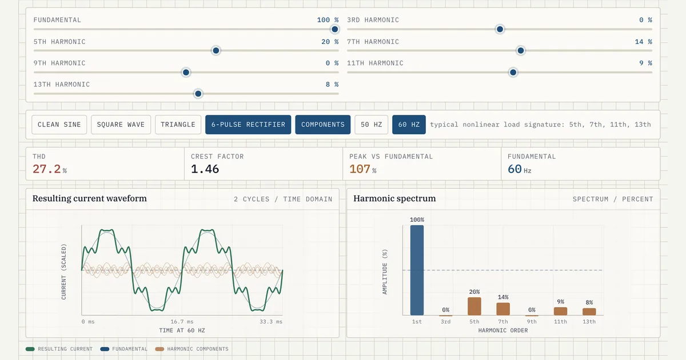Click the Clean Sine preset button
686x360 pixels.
point(59,125)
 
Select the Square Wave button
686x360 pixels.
point(121,125)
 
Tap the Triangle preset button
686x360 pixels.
point(178,125)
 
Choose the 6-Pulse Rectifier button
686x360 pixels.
point(248,125)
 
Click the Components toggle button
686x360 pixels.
point(323,125)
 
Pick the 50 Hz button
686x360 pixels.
point(371,125)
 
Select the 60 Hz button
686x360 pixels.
point(409,125)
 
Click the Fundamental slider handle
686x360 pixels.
point(335,29)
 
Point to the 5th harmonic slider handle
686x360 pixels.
point(216,50)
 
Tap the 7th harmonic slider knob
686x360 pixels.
point(521,50)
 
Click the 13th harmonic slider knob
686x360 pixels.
point(198,94)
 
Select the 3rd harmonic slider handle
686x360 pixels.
point(500,29)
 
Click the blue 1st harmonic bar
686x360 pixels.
point(417,270)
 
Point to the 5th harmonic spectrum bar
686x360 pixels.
point(474,306)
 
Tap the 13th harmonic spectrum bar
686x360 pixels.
point(589,311)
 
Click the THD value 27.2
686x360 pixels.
point(46,169)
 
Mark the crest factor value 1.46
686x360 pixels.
point(205,169)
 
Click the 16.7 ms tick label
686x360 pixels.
point(182,322)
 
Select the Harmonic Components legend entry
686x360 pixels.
point(192,349)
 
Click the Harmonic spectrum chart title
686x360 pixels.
point(394,199)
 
